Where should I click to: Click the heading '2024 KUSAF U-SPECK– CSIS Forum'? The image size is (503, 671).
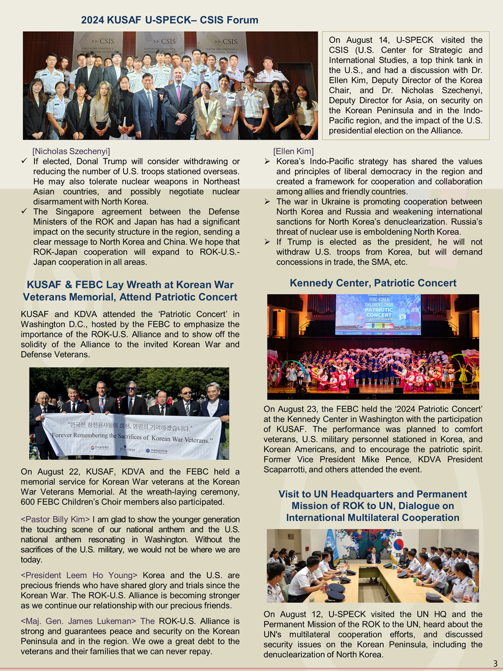pyautogui.click(x=169, y=20)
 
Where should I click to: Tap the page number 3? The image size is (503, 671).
pyautogui.click(x=495, y=663)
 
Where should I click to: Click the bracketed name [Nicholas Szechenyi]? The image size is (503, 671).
pyautogui.click(x=71, y=151)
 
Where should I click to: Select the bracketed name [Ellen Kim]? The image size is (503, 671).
pyautogui.click(x=293, y=151)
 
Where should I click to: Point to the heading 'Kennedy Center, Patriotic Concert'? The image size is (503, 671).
pyautogui.click(x=373, y=283)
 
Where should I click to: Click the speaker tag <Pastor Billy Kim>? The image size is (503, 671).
pyautogui.click(x=55, y=519)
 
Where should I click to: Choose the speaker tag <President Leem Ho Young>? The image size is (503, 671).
pyautogui.click(x=79, y=575)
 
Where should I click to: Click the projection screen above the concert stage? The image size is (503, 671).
pyautogui.click(x=378, y=314)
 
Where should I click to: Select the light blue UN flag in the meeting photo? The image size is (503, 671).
pyautogui.click(x=333, y=546)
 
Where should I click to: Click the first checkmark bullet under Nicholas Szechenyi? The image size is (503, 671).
pyautogui.click(x=25, y=161)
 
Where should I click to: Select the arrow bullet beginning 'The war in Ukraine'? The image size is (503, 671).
pyautogui.click(x=267, y=202)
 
